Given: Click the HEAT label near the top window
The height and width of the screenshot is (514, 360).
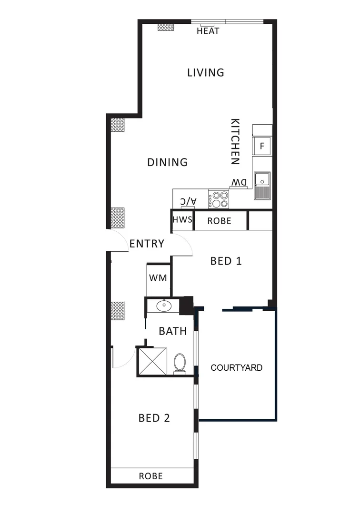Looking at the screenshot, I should (208, 31).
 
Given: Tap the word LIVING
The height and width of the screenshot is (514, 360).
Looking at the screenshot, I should (205, 73).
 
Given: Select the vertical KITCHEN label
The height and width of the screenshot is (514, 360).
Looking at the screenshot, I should (235, 141).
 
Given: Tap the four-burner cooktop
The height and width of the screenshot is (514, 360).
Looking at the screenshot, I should (219, 199).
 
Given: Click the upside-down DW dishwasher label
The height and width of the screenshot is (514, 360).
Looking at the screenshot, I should (239, 183).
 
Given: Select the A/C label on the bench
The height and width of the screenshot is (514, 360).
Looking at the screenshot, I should (188, 202).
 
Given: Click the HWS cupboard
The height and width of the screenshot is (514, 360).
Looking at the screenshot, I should (182, 220).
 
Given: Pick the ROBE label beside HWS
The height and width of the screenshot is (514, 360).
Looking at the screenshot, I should (220, 221).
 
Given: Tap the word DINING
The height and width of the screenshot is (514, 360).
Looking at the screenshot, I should (167, 162).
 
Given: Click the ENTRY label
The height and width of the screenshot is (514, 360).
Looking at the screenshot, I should (147, 244).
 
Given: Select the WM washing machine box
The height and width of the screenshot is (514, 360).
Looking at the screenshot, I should (158, 278).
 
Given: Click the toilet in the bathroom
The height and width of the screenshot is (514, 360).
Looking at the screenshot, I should (180, 363).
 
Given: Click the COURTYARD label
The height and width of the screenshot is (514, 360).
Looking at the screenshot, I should (237, 368).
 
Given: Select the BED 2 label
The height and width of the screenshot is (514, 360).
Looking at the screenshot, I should (154, 418).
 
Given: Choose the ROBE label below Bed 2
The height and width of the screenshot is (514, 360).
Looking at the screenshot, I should (150, 476).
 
